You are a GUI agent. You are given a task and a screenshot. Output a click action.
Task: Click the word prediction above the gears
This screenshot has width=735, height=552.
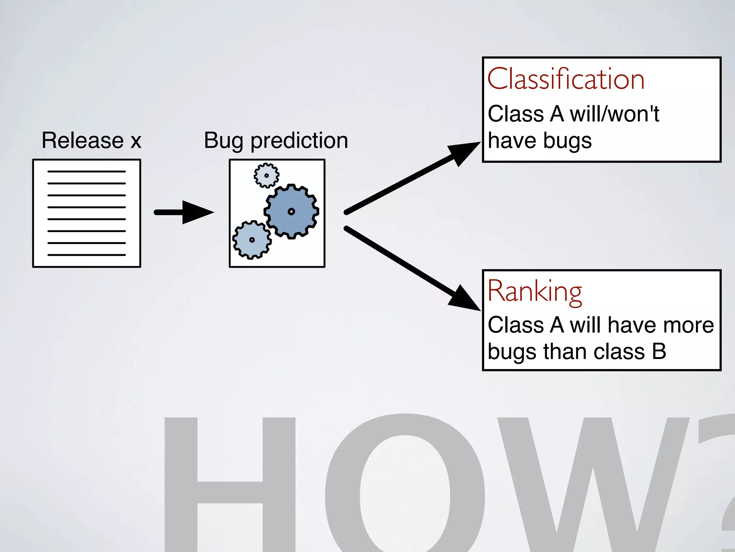pyautogui.click(x=299, y=141)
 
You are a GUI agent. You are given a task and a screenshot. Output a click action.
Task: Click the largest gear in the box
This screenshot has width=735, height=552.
pyautogui.click(x=291, y=211)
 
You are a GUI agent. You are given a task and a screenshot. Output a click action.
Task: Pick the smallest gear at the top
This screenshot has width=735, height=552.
pyautogui.click(x=266, y=175)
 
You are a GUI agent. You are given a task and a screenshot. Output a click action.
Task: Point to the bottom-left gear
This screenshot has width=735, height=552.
pyautogui.click(x=252, y=240)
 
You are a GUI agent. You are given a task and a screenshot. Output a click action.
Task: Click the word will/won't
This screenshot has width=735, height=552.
pyautogui.click(x=614, y=114)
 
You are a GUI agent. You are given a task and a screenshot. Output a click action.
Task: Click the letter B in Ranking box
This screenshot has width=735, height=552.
pyautogui.click(x=659, y=351)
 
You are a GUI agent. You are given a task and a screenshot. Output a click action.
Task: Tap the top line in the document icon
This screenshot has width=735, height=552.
pyautogui.click(x=86, y=171)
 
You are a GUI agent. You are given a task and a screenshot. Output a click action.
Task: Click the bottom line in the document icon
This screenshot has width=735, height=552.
pyautogui.click(x=86, y=255)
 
